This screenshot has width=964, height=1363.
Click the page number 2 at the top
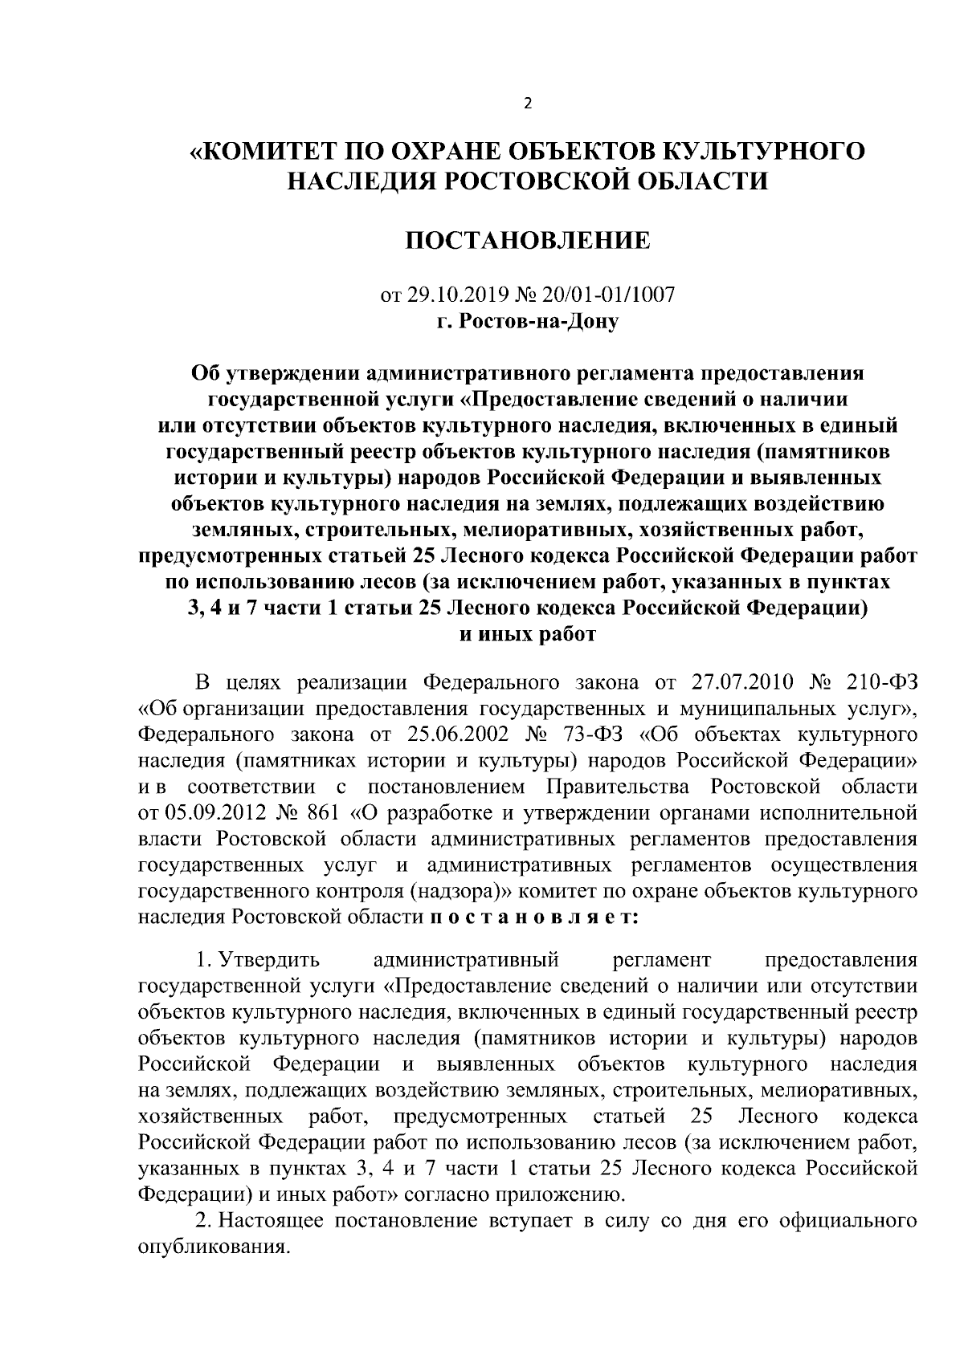[x=527, y=103]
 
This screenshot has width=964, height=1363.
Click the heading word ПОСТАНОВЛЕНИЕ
[x=526, y=240]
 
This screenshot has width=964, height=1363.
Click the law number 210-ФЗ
[x=881, y=683]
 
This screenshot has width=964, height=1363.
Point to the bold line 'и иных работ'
[x=527, y=634]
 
